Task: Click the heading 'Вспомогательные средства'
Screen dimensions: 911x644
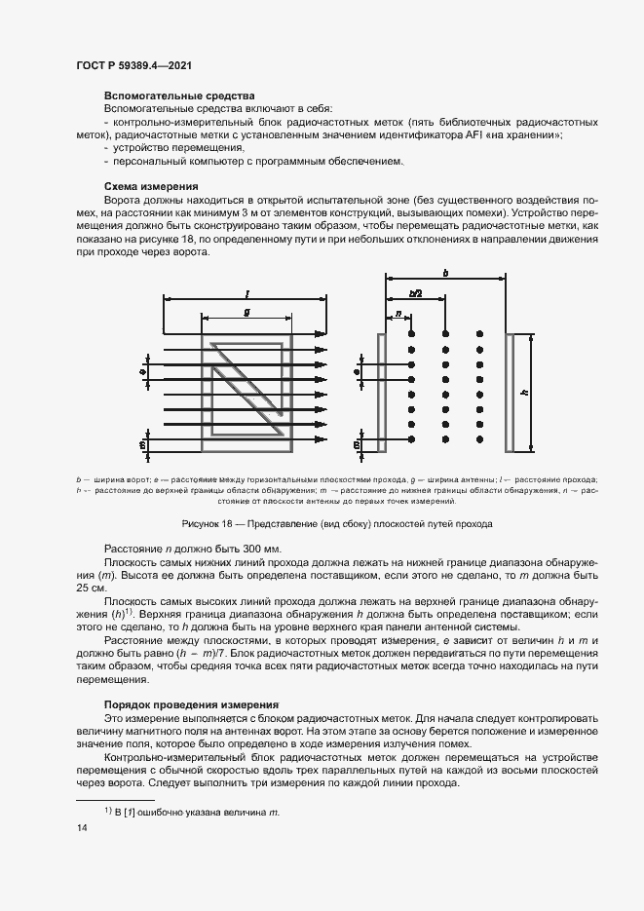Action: click(x=179, y=96)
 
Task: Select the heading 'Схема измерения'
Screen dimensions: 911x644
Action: click(x=151, y=185)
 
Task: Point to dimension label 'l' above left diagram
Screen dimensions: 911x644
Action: click(x=249, y=292)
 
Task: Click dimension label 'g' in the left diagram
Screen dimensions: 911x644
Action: click(x=246, y=311)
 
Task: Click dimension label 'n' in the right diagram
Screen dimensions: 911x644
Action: click(x=398, y=314)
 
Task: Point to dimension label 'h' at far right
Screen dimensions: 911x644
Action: click(x=525, y=392)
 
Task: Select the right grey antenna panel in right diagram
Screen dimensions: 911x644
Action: click(x=509, y=392)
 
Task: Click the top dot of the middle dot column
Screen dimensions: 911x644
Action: click(x=445, y=333)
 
